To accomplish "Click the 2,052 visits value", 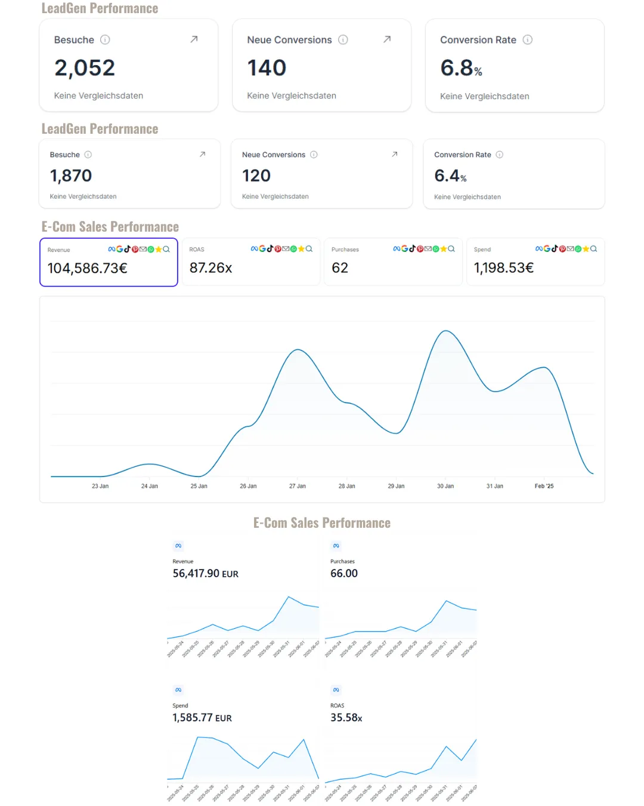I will (x=85, y=68).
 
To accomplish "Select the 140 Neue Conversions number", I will (x=267, y=68).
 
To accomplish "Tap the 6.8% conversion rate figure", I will (x=460, y=69).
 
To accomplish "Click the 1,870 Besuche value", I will (x=71, y=176).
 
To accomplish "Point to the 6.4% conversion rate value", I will (x=450, y=176).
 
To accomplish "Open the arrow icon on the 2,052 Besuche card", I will (x=194, y=39).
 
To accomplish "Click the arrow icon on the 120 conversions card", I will (x=394, y=154).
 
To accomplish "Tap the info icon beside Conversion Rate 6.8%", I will (x=527, y=40).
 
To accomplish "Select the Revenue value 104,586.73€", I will (x=88, y=269).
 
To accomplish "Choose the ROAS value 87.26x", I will (x=210, y=268).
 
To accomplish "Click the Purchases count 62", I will (x=340, y=268).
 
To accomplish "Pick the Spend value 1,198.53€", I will (x=504, y=268).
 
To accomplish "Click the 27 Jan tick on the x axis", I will (x=297, y=486).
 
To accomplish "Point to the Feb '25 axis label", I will (x=544, y=486).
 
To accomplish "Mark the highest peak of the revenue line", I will (x=445, y=331).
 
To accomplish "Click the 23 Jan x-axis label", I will (x=100, y=486).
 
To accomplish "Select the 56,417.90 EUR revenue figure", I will (x=205, y=574).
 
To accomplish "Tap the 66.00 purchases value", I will (x=344, y=574).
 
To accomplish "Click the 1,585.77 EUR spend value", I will (x=202, y=718).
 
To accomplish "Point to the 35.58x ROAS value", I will (x=346, y=718).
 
